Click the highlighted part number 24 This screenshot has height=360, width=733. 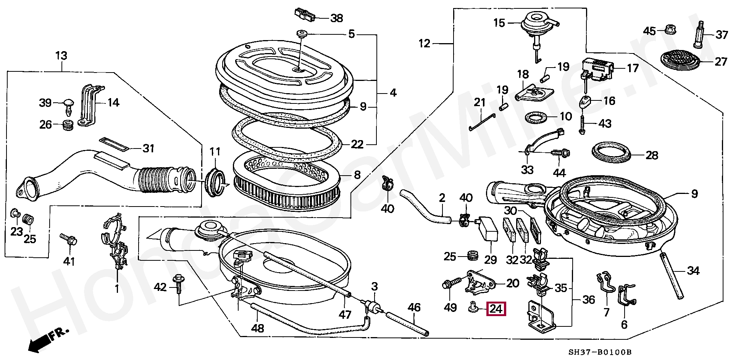pyautogui.click(x=496, y=309)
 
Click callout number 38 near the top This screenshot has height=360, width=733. pyautogui.click(x=336, y=18)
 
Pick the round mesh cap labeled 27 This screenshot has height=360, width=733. pyautogui.click(x=681, y=60)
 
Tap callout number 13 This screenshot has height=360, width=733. pyautogui.click(x=61, y=56)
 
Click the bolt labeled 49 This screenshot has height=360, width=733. pyautogui.click(x=449, y=284)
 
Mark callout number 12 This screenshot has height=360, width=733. pyautogui.click(x=425, y=44)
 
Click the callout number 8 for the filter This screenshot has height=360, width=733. pyautogui.click(x=357, y=175)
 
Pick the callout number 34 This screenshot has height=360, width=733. pyautogui.click(x=693, y=271)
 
